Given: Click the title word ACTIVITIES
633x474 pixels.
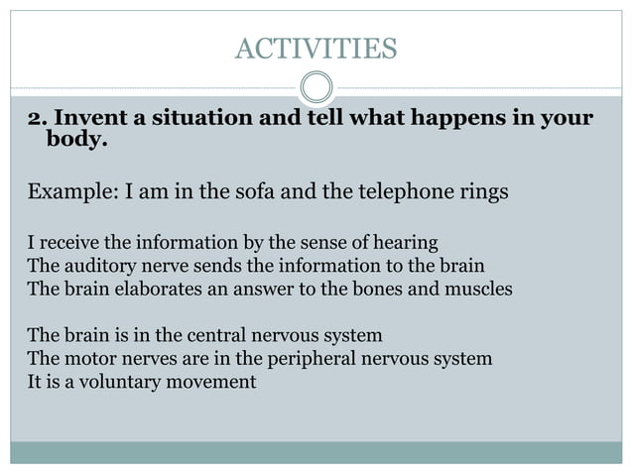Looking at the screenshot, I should (316, 47).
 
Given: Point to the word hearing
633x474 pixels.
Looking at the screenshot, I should (405, 242).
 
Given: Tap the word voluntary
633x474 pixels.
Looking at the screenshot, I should (108, 381).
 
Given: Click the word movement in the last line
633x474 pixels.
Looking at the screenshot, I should (209, 381).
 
